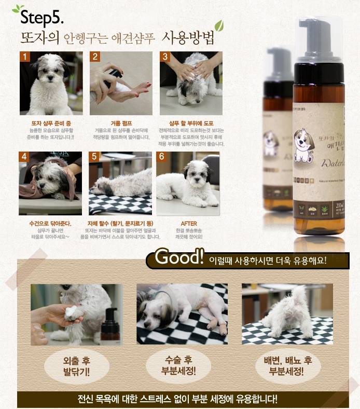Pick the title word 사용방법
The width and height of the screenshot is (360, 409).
pos(188,38)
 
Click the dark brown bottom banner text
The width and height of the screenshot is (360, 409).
pos(177,400)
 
